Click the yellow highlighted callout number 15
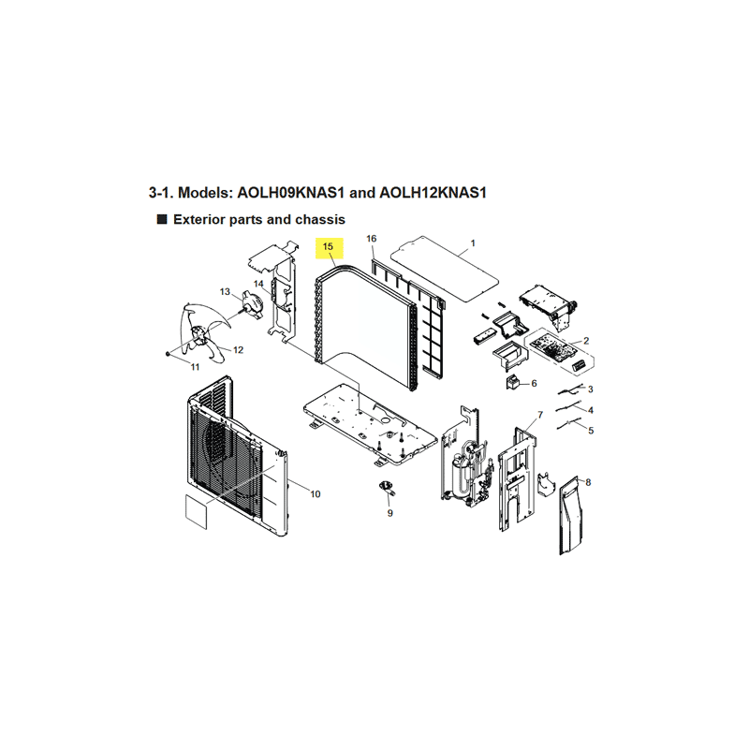(x=328, y=247)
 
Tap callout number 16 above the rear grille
(x=371, y=239)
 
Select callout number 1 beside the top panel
(x=473, y=243)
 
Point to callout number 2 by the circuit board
(x=586, y=341)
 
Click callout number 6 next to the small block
(x=534, y=383)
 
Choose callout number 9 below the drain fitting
(x=390, y=513)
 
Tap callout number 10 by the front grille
(x=316, y=494)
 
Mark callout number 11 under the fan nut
(x=195, y=367)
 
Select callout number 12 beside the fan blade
(x=238, y=349)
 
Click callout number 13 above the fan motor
(x=225, y=291)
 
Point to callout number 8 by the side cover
(x=588, y=482)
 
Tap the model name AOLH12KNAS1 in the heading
(x=433, y=193)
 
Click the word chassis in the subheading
(x=320, y=219)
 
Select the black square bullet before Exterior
(x=162, y=219)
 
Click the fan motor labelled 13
(x=252, y=304)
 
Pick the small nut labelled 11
(x=168, y=354)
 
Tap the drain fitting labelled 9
(x=386, y=487)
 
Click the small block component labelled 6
(x=513, y=382)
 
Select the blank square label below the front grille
(x=196, y=511)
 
